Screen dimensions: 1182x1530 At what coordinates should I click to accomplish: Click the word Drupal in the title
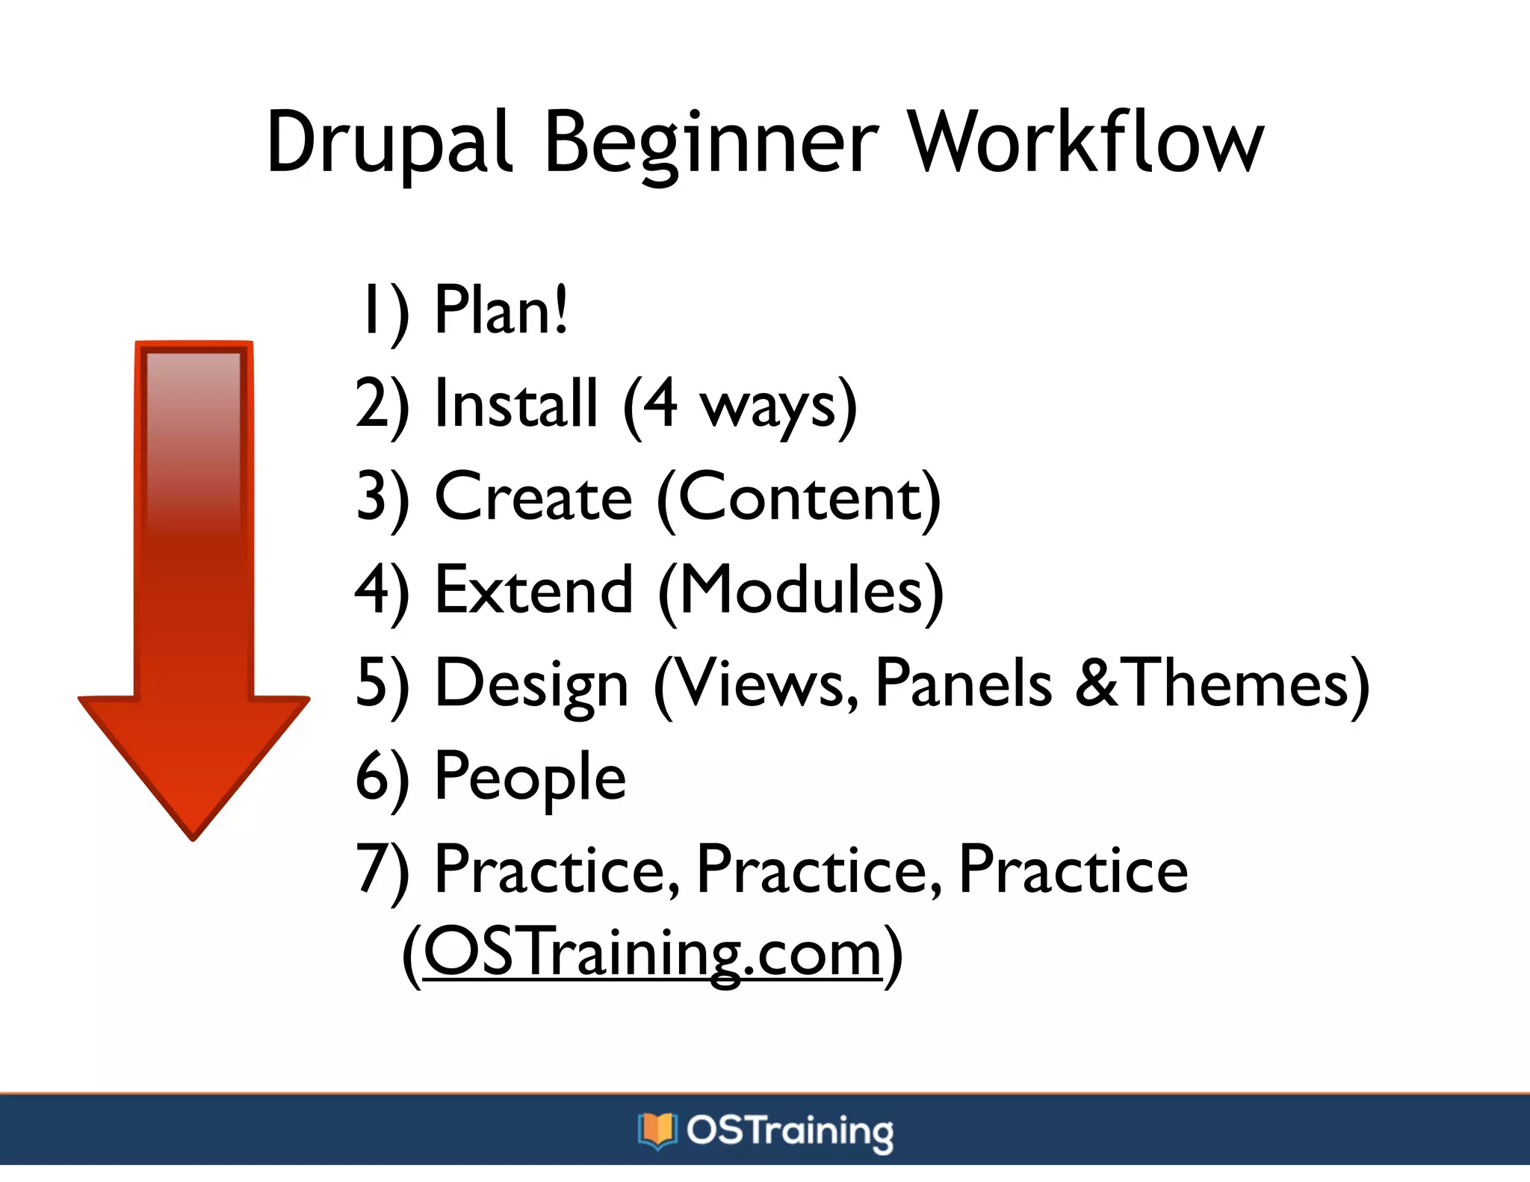(x=388, y=142)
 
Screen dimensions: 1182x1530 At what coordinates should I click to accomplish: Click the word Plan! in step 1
(x=501, y=310)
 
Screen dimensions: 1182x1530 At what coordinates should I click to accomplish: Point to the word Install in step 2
(x=516, y=404)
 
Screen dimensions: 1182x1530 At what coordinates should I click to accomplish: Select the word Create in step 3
(x=533, y=497)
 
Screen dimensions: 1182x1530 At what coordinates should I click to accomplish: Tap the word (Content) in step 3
(x=798, y=497)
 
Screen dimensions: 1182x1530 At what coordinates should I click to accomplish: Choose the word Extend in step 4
(x=533, y=590)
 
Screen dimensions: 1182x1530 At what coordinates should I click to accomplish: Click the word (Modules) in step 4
(x=800, y=590)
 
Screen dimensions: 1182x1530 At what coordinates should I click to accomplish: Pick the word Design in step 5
(x=531, y=684)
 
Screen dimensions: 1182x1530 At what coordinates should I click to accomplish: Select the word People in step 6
(x=530, y=777)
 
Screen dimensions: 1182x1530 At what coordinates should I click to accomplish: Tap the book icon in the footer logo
(x=657, y=1130)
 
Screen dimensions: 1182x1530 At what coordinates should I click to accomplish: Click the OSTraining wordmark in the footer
(x=790, y=1130)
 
